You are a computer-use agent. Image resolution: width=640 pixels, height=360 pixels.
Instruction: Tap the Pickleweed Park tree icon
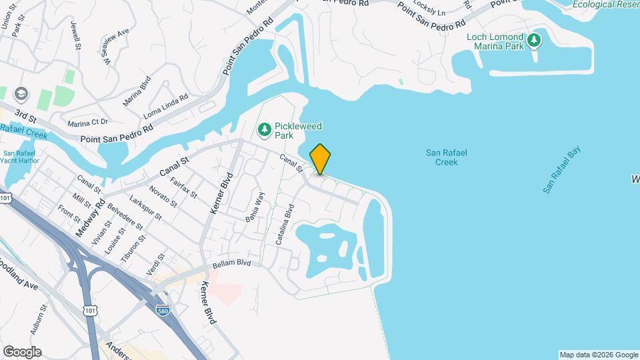[x=265, y=127]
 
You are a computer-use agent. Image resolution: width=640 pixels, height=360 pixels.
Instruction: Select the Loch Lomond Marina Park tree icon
[x=533, y=41]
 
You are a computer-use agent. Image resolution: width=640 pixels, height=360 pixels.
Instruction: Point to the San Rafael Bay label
[x=561, y=170]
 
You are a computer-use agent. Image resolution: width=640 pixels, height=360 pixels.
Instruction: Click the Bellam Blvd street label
[x=231, y=264]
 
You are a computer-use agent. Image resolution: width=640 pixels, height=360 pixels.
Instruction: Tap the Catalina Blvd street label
[x=283, y=227]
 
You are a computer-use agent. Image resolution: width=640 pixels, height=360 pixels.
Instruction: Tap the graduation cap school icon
[x=21, y=93]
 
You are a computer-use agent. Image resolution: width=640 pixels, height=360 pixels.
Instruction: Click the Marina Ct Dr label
[x=87, y=123]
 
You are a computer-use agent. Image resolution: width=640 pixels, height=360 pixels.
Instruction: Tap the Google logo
[x=22, y=351]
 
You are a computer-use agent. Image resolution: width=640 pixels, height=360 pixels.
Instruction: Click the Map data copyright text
[x=598, y=355]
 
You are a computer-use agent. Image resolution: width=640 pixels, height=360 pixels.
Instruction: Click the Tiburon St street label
[x=133, y=247]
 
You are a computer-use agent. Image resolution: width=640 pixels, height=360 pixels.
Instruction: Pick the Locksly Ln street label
[x=431, y=9]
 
